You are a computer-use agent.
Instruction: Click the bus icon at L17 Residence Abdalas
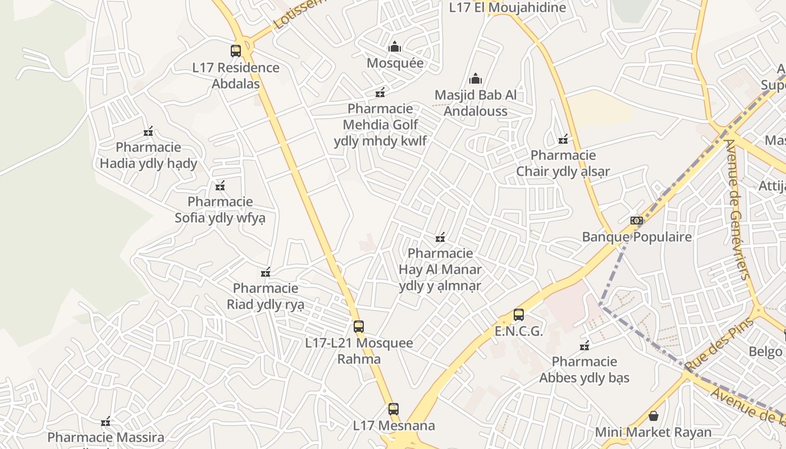point(236,51)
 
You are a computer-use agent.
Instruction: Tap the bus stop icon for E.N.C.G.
point(519,315)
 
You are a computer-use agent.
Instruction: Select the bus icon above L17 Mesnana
point(394,409)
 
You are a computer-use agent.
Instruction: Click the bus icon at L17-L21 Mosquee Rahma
point(359,327)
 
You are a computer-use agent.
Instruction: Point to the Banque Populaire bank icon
point(636,221)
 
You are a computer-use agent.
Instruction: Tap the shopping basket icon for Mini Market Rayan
point(653,416)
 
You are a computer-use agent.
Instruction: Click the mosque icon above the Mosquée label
point(395,47)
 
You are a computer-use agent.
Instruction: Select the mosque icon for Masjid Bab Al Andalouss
point(476,79)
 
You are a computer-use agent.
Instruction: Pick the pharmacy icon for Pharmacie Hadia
point(148,132)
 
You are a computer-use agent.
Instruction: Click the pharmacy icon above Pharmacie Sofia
point(220,186)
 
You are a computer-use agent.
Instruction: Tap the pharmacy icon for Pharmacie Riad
point(266,273)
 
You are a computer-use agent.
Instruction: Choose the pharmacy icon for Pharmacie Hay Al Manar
point(440,237)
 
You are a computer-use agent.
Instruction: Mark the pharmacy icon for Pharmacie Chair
point(563,139)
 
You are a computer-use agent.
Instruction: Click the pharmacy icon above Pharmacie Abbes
point(584,345)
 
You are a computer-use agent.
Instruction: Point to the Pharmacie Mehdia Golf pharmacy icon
point(380,93)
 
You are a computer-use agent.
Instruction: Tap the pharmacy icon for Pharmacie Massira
point(105,421)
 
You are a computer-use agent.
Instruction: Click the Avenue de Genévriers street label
point(738,209)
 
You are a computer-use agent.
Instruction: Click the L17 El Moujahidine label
point(508,8)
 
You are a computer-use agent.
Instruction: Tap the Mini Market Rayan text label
point(653,432)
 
